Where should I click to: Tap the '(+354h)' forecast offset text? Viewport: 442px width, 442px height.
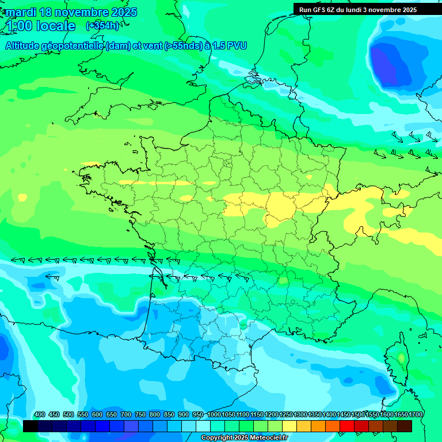click(x=102, y=26)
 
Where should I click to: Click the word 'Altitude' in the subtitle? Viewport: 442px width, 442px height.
click(x=25, y=45)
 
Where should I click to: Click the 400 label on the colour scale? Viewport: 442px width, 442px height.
click(x=40, y=415)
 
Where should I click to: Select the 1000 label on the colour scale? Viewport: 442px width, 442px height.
click(x=214, y=415)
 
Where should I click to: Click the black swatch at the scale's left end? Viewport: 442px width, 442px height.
click(x=31, y=426)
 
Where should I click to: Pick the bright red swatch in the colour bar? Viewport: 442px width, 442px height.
click(x=347, y=426)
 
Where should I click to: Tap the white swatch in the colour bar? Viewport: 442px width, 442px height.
click(x=203, y=426)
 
